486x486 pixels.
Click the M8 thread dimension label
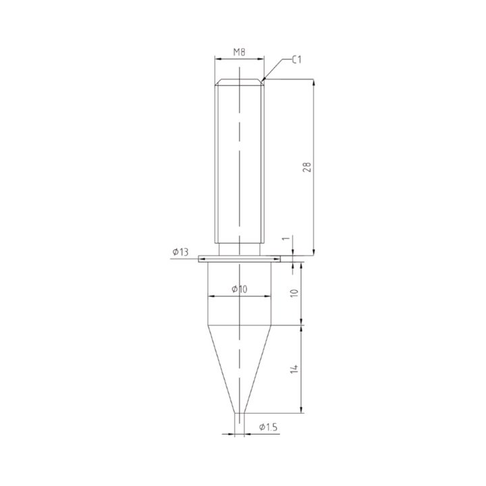pyautogui.click(x=239, y=52)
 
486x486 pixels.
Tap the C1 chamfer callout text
pyautogui.click(x=296, y=59)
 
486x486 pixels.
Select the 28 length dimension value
pyautogui.click(x=307, y=167)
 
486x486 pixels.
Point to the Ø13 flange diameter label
pyautogui.click(x=180, y=252)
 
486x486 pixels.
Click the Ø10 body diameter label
pyautogui.click(x=240, y=289)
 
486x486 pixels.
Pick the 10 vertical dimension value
pyautogui.click(x=294, y=293)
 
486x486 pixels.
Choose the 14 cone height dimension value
pyautogui.click(x=294, y=369)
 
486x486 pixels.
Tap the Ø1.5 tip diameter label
pyautogui.click(x=269, y=427)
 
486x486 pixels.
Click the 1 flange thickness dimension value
pyautogui.click(x=287, y=238)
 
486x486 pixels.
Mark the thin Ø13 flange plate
pyautogui.click(x=239, y=259)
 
